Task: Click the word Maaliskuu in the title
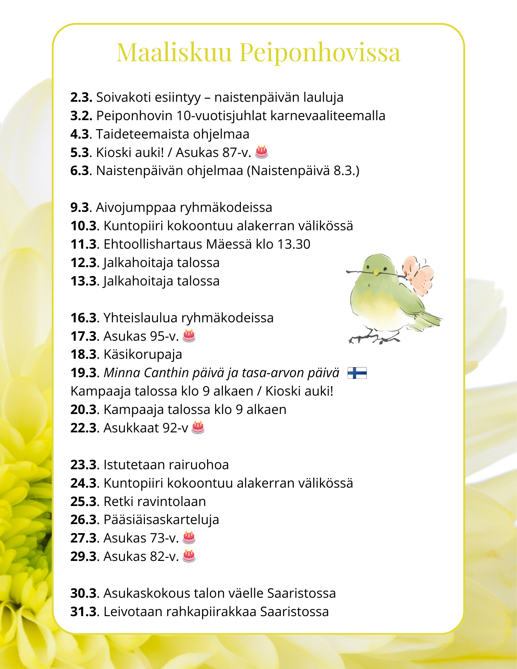[174, 53]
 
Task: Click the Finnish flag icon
[357, 373]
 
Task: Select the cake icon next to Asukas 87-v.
[261, 152]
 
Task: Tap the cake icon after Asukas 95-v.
[189, 336]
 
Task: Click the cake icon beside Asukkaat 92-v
[198, 427]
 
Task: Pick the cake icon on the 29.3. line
[189, 556]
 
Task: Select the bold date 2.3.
[81, 97]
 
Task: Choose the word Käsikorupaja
[143, 354]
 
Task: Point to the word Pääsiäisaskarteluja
[161, 519]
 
